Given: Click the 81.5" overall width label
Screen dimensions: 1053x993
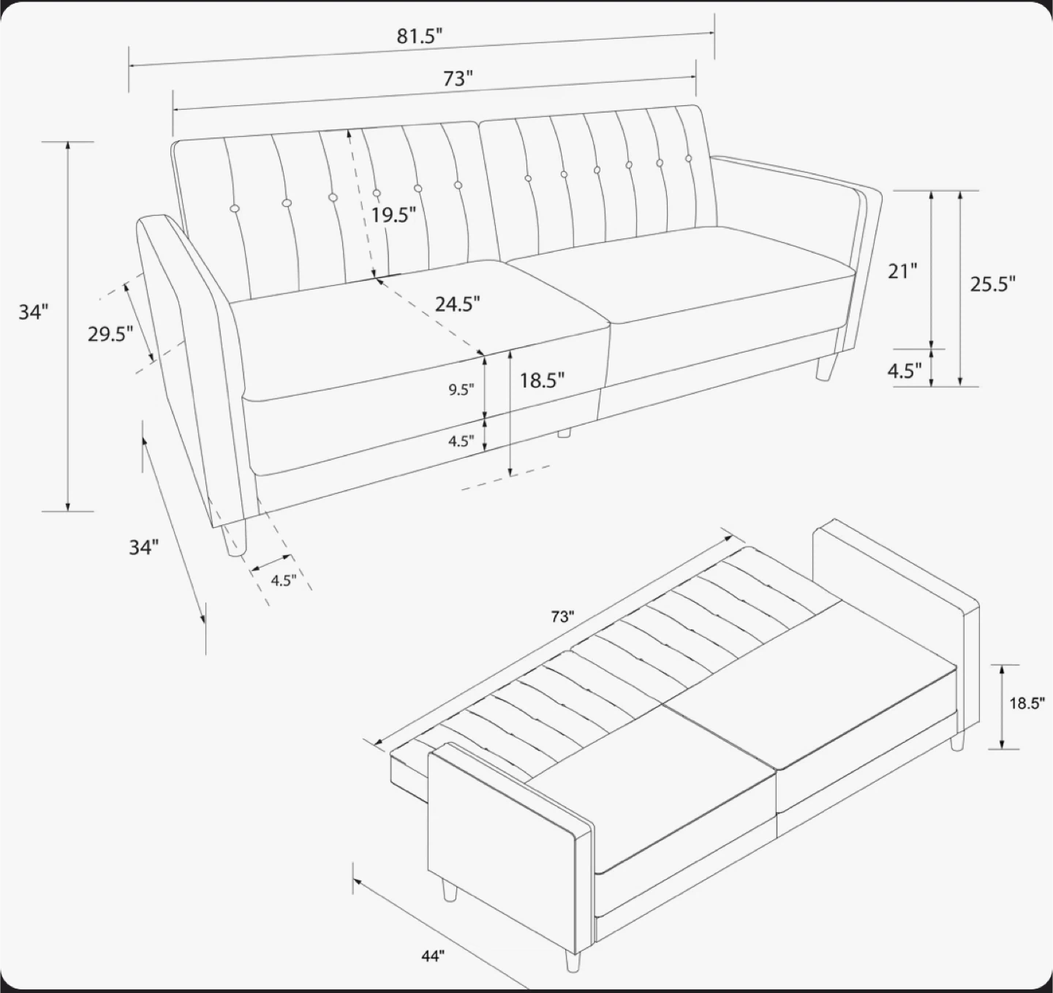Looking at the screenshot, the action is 420,36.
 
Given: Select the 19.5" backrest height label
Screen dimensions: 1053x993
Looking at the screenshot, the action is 393,215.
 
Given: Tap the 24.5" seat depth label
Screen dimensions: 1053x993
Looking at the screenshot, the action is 458,304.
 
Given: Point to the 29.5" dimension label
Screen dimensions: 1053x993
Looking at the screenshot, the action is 110,334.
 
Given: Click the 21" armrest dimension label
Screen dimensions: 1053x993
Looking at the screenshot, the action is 902,271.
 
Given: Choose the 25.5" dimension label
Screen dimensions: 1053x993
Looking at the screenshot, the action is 993,284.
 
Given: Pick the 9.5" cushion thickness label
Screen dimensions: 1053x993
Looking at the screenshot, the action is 461,390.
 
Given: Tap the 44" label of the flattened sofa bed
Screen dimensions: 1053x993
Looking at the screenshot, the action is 433,956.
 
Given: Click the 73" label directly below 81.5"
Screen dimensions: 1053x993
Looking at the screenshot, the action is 458,78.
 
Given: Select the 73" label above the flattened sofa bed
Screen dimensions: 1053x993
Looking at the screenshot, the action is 562,616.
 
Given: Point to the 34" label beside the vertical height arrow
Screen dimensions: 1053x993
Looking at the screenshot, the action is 34,312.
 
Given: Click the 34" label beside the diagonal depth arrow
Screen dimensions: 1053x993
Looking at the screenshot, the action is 143,547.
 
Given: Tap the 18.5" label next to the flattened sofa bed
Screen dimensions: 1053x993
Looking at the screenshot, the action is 1027,704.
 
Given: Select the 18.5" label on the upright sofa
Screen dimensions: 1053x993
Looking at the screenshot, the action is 542,380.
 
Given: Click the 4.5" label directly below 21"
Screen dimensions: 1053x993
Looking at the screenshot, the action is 905,370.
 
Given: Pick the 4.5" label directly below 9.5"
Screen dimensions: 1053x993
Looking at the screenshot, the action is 461,441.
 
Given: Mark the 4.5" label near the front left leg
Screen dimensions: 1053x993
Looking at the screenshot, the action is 284,581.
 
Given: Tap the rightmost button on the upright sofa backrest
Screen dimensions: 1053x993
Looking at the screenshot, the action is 689,158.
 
